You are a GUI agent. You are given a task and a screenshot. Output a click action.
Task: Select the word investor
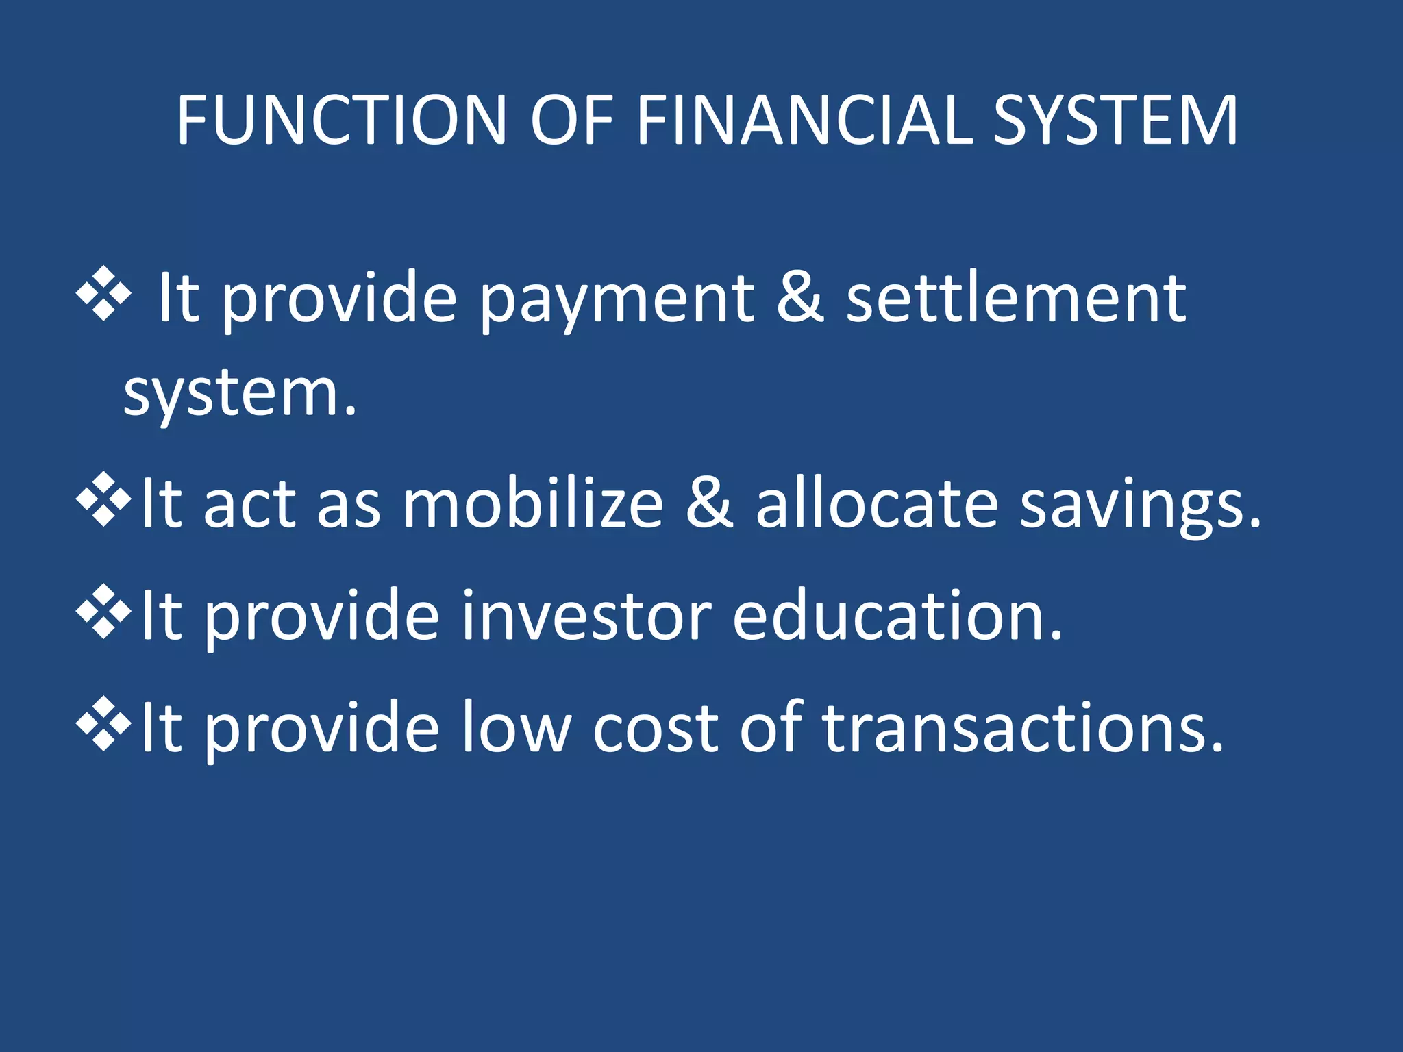click(x=586, y=616)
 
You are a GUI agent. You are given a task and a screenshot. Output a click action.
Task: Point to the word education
click(x=897, y=616)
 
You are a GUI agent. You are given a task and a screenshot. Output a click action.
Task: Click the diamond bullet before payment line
click(x=103, y=293)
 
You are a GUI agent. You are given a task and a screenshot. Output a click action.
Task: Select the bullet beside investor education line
click(x=103, y=612)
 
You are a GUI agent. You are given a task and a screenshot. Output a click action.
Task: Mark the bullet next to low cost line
click(x=103, y=723)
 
